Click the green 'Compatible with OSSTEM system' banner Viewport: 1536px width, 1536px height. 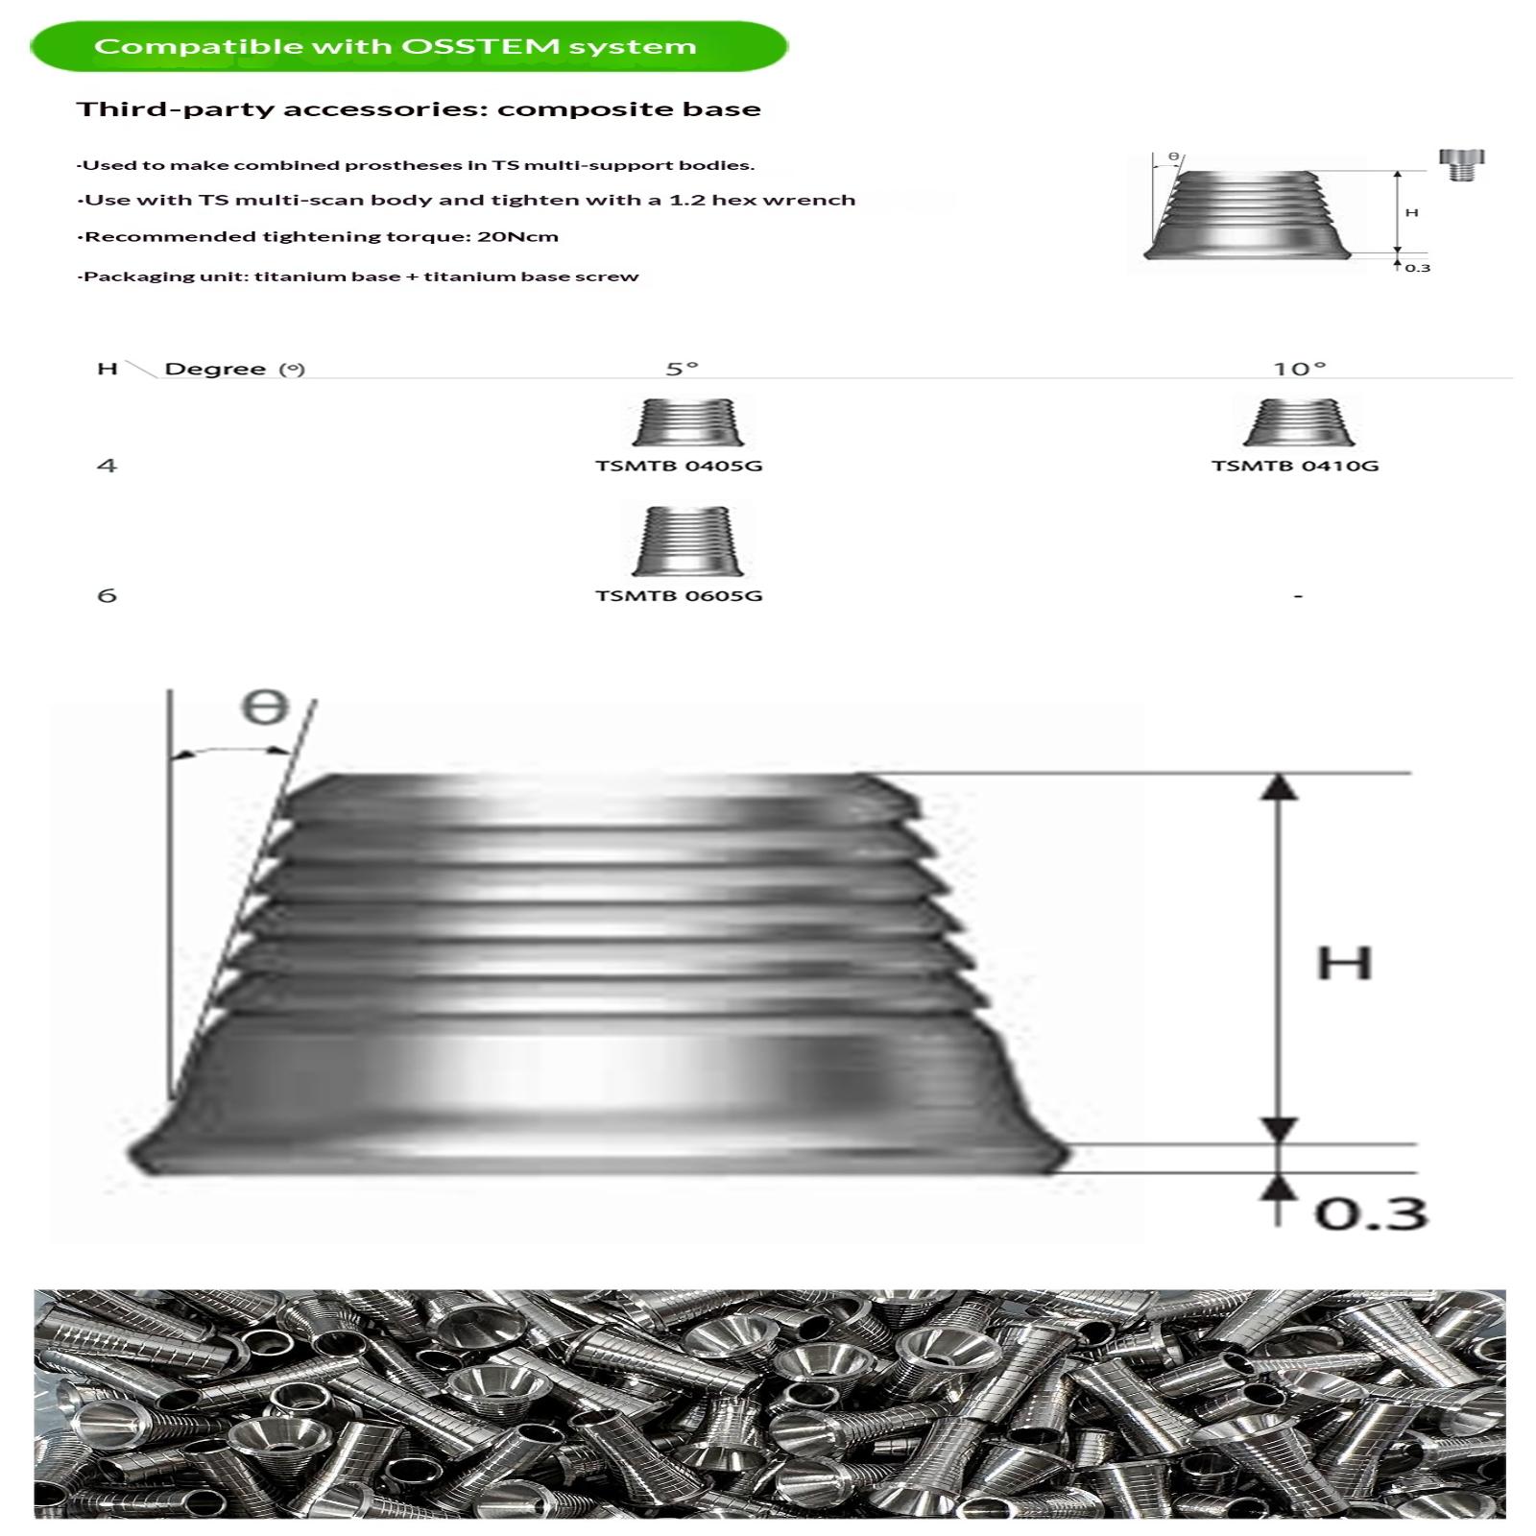click(x=409, y=46)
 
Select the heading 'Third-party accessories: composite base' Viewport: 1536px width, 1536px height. click(x=419, y=109)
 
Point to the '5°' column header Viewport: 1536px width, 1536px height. click(x=683, y=369)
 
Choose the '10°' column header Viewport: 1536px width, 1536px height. click(x=1300, y=369)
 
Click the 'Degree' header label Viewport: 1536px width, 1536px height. click(x=215, y=369)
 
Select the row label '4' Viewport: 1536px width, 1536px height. click(x=107, y=466)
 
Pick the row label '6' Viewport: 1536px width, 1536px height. click(x=107, y=595)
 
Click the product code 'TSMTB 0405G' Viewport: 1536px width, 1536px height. click(x=679, y=466)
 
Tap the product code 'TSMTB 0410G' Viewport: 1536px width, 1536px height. click(x=1295, y=466)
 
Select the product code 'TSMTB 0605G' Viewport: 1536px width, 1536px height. click(x=679, y=595)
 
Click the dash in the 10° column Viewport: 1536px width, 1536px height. click(x=1298, y=596)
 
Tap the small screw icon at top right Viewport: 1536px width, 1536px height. click(x=1461, y=165)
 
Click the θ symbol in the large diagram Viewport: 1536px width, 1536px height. click(x=265, y=708)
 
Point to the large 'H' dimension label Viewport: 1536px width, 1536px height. click(x=1344, y=963)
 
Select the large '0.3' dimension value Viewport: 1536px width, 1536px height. click(x=1371, y=1212)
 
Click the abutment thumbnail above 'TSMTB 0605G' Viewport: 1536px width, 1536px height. click(x=687, y=540)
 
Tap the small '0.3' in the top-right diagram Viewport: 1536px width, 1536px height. click(x=1418, y=268)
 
